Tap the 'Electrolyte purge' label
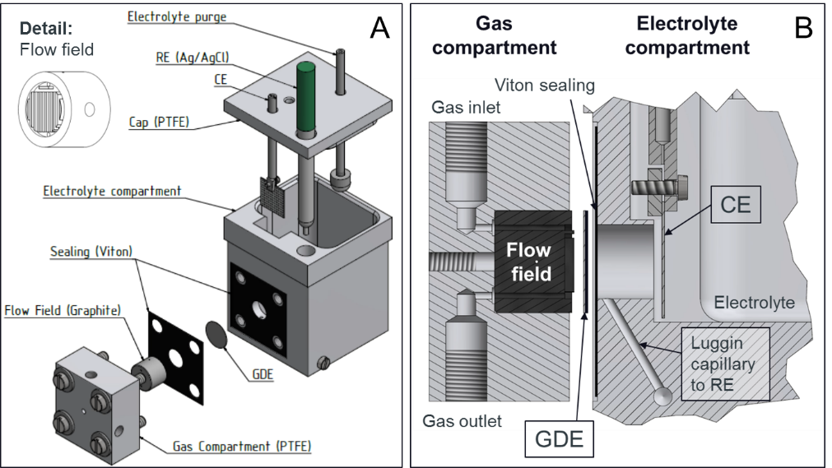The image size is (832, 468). (177, 16)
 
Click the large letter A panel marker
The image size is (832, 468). (379, 28)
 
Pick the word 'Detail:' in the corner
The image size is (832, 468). (46, 27)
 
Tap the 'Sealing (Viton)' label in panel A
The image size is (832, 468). (91, 251)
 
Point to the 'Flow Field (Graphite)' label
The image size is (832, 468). (63, 310)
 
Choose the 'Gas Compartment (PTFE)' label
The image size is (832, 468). (242, 447)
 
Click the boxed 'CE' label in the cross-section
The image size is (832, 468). (735, 203)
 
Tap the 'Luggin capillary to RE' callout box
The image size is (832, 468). (724, 364)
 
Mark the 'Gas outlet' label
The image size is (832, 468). (462, 421)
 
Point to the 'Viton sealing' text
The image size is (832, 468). (545, 85)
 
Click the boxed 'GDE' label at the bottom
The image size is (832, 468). (559, 440)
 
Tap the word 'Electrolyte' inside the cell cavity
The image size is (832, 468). (754, 303)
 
